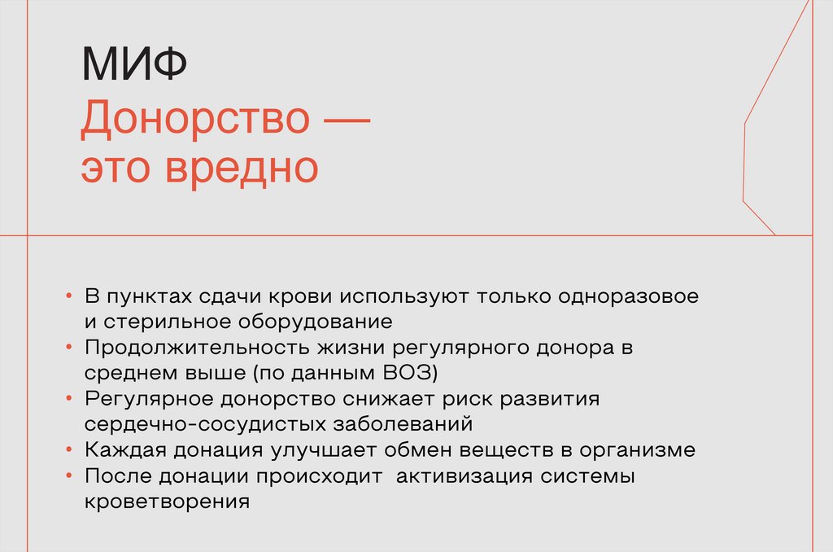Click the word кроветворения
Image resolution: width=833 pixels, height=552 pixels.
166,502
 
